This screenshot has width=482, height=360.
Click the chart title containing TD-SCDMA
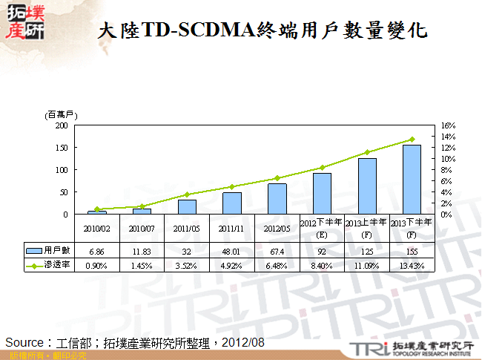pyautogui.click(x=263, y=30)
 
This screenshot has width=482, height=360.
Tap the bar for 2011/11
pyautogui.click(x=232, y=203)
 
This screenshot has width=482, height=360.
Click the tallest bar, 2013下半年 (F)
pyautogui.click(x=412, y=180)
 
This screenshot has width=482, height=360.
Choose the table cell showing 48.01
pyautogui.click(x=232, y=252)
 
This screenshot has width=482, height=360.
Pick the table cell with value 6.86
pyautogui.click(x=97, y=252)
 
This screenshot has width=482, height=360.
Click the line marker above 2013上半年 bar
pyautogui.click(x=367, y=152)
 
